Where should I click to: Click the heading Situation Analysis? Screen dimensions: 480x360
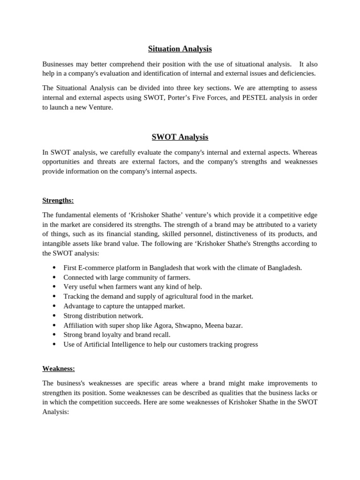(x=180, y=49)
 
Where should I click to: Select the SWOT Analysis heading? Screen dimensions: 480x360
(x=180, y=137)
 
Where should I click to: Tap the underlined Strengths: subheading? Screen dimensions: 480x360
(x=58, y=201)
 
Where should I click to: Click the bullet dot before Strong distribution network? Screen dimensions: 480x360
(x=54, y=316)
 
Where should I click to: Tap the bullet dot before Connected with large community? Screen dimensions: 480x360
(x=54, y=277)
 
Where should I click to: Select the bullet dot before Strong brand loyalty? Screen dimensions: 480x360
(x=54, y=335)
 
